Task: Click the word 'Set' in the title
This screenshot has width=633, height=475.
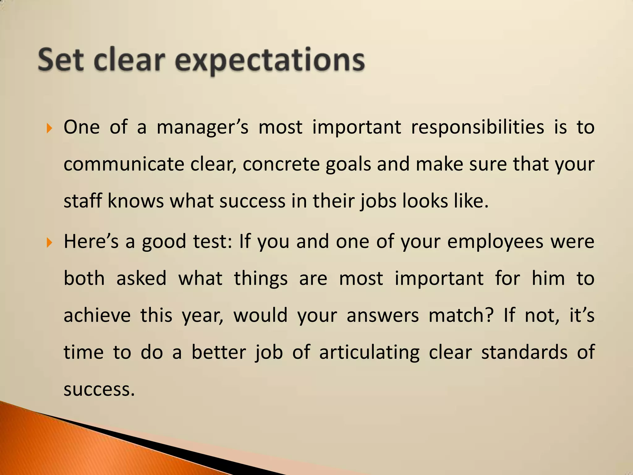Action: click(61, 60)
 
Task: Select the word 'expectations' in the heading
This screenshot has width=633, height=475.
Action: click(270, 61)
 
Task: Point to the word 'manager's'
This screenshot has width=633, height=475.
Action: click(202, 127)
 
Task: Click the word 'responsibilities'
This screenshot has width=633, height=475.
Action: click(477, 127)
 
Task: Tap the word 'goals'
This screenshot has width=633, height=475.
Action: click(348, 165)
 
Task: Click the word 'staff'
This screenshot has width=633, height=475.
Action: click(83, 201)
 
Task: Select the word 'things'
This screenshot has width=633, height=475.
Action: click(261, 279)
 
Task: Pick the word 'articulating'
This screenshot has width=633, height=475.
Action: click(369, 353)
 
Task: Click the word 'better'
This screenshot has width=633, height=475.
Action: click(219, 352)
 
